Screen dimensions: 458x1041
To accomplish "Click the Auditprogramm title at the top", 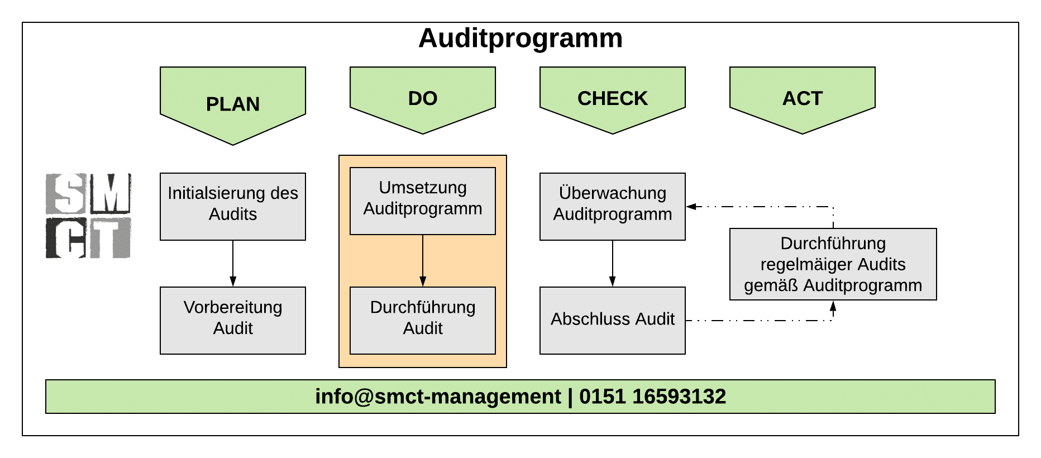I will point(520,39).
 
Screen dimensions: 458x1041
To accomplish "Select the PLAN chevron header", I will point(233,104).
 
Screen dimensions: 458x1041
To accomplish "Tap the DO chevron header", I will point(423,98).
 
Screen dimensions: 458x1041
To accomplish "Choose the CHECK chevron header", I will point(613,98).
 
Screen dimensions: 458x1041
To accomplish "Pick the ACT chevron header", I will point(803,98).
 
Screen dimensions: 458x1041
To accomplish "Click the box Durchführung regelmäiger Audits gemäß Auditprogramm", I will point(833,264).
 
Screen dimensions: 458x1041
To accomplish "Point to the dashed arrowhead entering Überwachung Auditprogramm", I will point(691,207).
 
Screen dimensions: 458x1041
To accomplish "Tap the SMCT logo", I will point(88,216).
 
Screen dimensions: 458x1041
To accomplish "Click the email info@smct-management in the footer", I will point(438,397).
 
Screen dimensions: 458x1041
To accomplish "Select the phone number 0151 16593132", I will point(652,397).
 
